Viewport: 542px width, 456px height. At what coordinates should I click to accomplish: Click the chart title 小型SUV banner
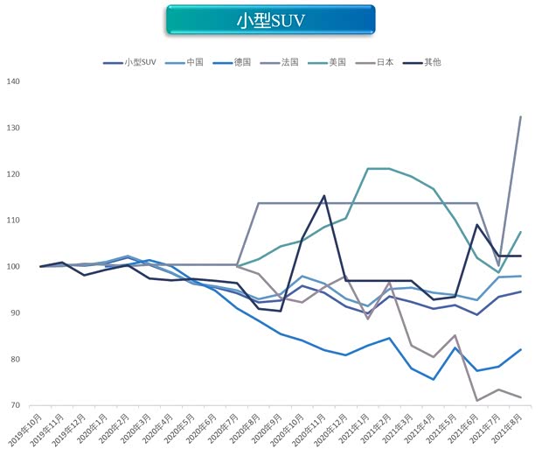tap(270, 20)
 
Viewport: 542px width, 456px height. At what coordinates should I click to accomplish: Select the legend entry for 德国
tap(241, 62)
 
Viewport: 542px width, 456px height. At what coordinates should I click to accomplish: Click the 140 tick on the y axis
tap(12, 81)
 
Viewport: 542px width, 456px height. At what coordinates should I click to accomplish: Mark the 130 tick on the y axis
tap(12, 128)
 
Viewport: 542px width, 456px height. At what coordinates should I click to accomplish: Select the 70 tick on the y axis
tap(15, 405)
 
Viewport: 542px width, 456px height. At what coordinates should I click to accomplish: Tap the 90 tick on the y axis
tap(15, 312)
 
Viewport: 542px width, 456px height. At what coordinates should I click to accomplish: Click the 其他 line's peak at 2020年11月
tap(324, 196)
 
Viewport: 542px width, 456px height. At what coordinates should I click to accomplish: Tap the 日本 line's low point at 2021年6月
tap(476, 400)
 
